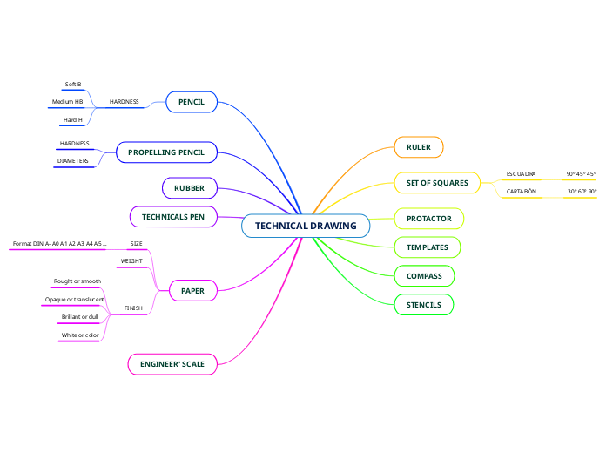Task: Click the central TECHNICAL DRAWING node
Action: coord(306,226)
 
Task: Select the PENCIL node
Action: coord(192,102)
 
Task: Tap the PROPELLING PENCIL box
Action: coord(166,152)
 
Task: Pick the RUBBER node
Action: coord(189,187)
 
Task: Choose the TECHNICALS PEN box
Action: coord(173,216)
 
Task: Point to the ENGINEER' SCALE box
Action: coord(172,363)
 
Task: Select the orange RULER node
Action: coord(419,147)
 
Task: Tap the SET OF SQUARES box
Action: coord(437,183)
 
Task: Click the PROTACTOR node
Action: coord(429,218)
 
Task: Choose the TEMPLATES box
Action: coord(428,247)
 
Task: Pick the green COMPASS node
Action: coord(424,276)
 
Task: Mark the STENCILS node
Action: coord(424,305)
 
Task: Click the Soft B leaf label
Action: coord(73,85)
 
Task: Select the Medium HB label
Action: coord(68,102)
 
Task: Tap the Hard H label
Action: coord(73,119)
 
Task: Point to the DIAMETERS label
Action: coord(73,160)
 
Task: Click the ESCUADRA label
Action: coord(522,173)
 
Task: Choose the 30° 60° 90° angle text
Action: coord(582,191)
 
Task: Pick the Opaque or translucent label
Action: coord(75,299)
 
